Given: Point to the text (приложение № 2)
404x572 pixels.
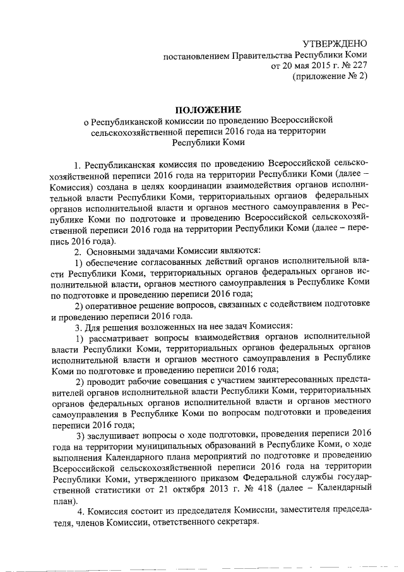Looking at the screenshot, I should pos(329,77).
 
